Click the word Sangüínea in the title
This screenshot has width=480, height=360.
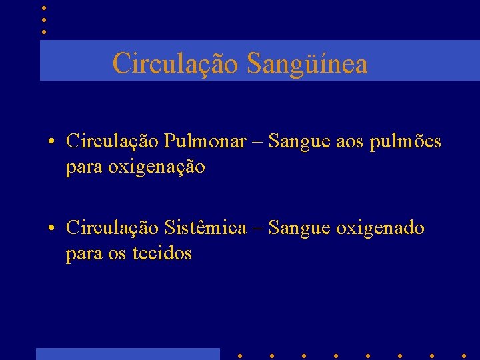point(307,64)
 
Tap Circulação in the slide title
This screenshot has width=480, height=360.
point(176,64)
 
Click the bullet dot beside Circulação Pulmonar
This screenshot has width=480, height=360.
point(51,142)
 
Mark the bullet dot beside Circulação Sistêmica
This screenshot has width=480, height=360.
point(51,229)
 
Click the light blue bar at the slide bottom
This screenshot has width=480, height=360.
point(127,353)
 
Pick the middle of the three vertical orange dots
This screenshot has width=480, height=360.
point(43,19)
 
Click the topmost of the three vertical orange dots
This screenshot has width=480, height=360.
point(43,8)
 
